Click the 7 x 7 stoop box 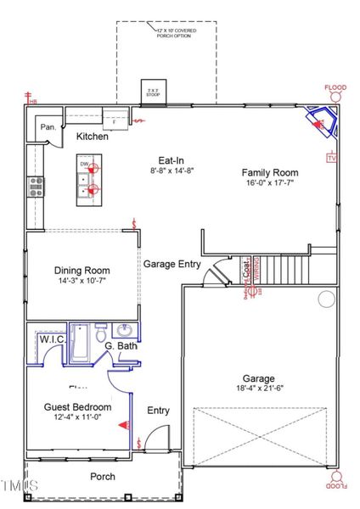pyautogui.click(x=154, y=92)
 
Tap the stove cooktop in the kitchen pyautogui.click(x=37, y=186)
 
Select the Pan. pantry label pyautogui.click(x=48, y=127)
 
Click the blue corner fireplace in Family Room pyautogui.click(x=323, y=123)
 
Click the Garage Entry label pyautogui.click(x=172, y=264)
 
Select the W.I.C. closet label pyautogui.click(x=53, y=340)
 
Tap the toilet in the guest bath pyautogui.click(x=100, y=329)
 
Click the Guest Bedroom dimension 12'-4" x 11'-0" pyautogui.click(x=78, y=417)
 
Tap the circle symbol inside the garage pyautogui.click(x=327, y=299)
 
